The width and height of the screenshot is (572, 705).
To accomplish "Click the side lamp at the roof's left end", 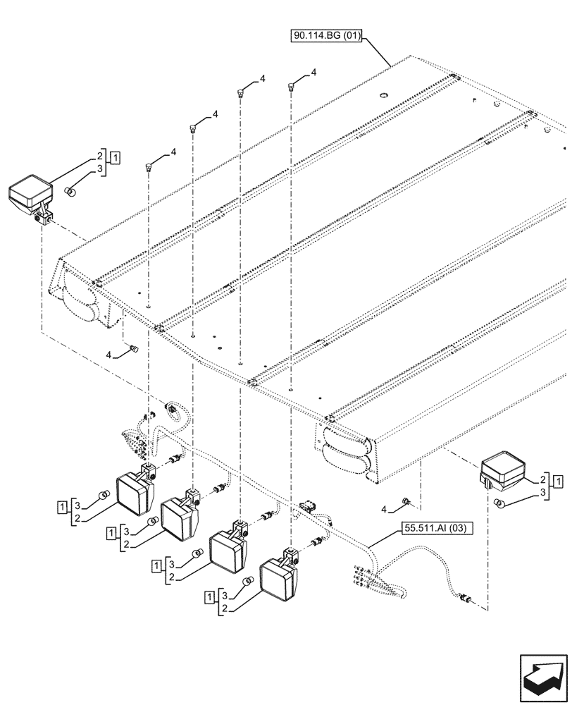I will coord(30,197).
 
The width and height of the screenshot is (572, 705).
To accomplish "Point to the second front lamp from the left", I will coord(180,518).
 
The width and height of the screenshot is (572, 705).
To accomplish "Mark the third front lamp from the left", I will coord(230,548).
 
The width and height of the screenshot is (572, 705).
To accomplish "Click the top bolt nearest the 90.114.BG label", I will coord(290,87).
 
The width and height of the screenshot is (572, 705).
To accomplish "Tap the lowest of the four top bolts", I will coord(149,166).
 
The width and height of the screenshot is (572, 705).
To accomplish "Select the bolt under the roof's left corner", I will coord(132,348).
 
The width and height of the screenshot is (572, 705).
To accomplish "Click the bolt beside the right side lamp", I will coord(406,501).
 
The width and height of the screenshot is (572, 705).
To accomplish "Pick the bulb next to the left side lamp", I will coord(70,191).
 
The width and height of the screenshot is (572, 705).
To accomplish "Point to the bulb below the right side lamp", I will coord(499,503).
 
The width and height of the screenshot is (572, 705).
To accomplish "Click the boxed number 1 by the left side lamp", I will coord(115,157).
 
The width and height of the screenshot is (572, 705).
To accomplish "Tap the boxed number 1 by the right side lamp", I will coord(559,482).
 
